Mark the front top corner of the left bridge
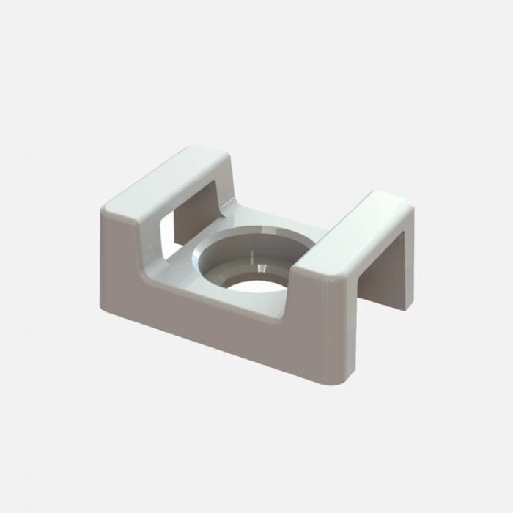(103, 209)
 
